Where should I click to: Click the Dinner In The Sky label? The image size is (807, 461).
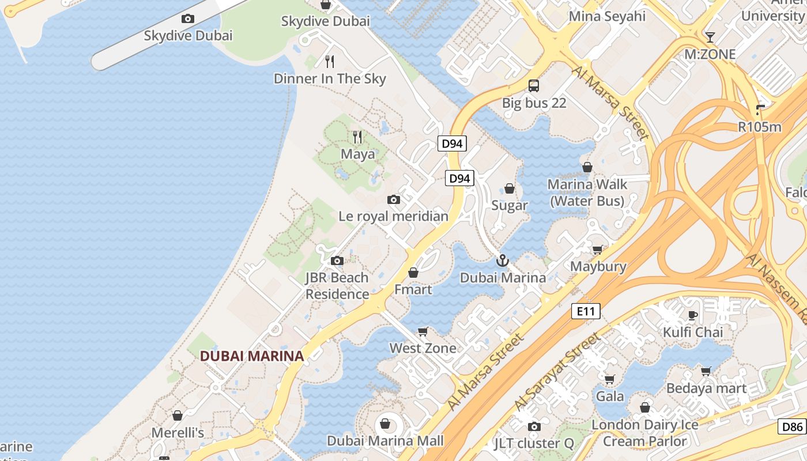tap(330, 79)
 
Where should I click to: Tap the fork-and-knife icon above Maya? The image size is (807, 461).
tap(357, 137)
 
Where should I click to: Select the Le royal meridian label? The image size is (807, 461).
tap(393, 217)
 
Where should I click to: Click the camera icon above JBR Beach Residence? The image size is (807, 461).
tap(337, 261)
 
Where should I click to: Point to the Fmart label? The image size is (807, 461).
tap(413, 289)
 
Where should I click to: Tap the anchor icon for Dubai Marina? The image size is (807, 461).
tap(503, 261)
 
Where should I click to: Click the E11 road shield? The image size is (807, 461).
tap(586, 312)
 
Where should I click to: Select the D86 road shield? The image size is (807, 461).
tap(792, 427)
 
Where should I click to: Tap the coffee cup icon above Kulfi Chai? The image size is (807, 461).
tap(693, 315)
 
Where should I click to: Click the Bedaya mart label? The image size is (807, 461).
tap(706, 388)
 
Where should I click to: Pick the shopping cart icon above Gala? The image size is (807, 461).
tap(610, 379)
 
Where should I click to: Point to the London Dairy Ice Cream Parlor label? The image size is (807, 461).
tap(645, 433)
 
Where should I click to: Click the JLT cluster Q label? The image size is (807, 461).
tap(534, 444)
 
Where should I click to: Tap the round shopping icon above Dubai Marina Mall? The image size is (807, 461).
tap(385, 424)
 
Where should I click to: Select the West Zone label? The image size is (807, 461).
tap(423, 348)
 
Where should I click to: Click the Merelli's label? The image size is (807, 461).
tap(178, 433)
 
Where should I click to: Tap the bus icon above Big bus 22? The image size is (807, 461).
tap(534, 86)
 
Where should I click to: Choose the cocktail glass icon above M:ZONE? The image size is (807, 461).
tap(710, 37)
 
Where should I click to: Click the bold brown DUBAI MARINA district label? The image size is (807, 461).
tap(252, 356)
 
